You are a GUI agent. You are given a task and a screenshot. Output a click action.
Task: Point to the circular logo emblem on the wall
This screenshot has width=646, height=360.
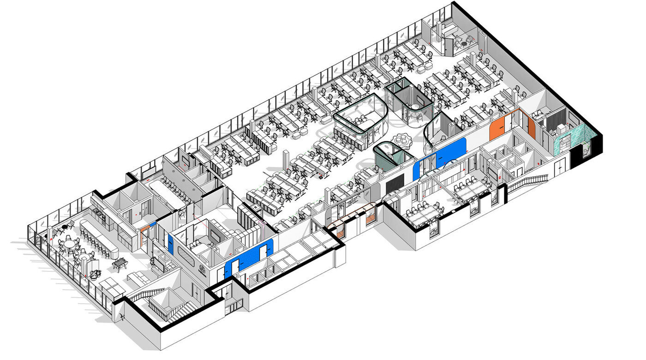[x=202, y=270]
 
